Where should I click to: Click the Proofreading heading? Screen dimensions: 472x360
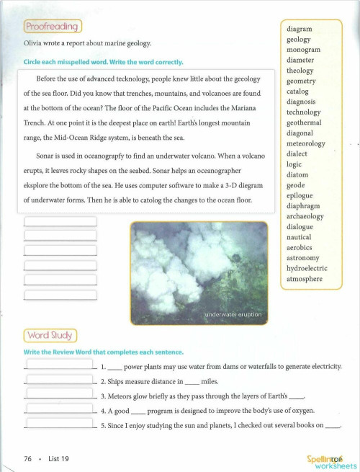pos(53,27)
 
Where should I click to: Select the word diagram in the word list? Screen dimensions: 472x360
pos(300,29)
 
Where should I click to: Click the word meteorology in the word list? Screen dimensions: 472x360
pos(306,143)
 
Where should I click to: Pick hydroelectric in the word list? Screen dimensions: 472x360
pos(307,268)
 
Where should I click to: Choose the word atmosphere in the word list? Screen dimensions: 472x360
pos(305,279)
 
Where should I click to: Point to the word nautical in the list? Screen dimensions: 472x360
pos(299,237)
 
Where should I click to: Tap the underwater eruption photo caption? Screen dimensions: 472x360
pos(233,315)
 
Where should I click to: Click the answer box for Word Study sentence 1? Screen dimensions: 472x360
pos(59,365)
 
